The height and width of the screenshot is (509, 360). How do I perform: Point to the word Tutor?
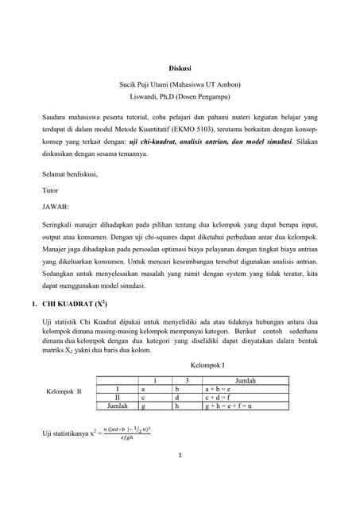coord(50,190)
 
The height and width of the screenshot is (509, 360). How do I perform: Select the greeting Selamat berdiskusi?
coord(69,175)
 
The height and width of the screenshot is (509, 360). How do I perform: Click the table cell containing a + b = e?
coord(218,389)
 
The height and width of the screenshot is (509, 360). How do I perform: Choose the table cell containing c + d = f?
coord(218,397)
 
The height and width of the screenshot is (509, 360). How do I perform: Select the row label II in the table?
coord(117,397)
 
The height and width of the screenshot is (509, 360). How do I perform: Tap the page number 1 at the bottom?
coord(180,456)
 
